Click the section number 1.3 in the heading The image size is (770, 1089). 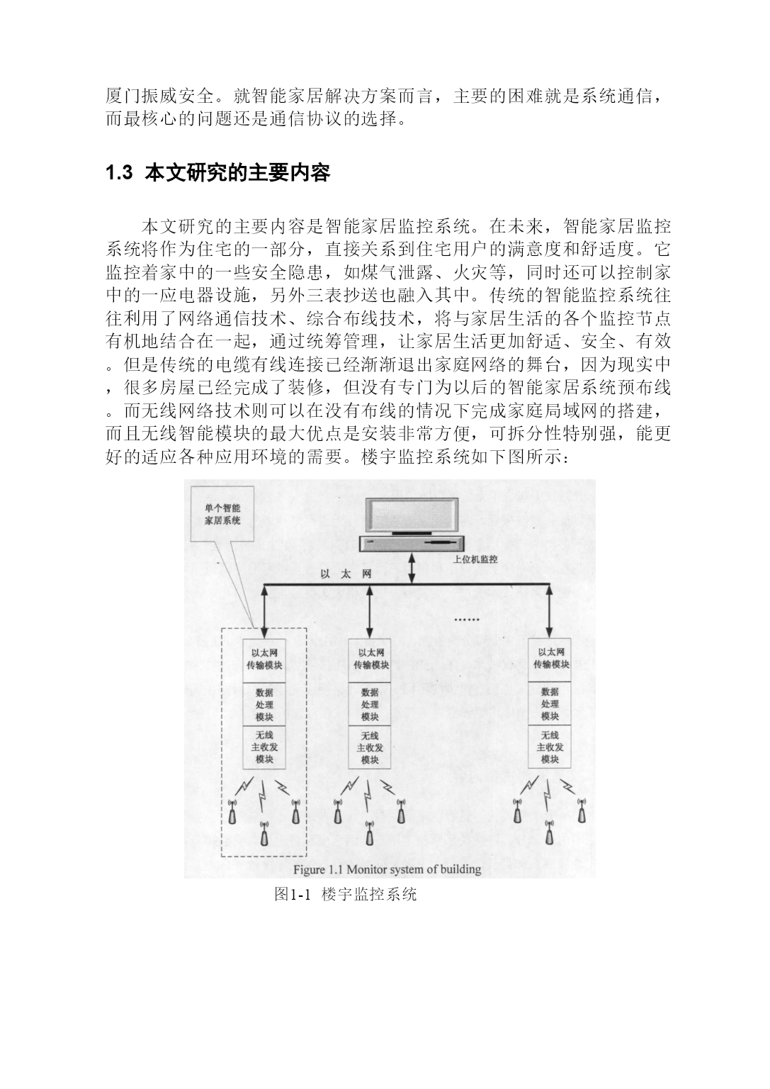119,172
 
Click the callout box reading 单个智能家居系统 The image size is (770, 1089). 223,514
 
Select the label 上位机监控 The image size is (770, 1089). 475,559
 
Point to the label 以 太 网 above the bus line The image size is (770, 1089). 346,574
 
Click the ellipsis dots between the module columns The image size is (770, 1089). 466,620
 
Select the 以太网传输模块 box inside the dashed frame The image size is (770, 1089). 264,660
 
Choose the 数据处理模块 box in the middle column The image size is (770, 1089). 370,704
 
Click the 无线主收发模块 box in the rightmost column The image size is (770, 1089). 550,747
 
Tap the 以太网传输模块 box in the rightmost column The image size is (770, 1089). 550,660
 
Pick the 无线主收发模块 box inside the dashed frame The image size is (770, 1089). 264,747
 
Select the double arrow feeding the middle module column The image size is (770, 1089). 370,612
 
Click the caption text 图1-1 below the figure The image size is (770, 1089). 292,893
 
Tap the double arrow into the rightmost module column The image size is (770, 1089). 550,611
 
